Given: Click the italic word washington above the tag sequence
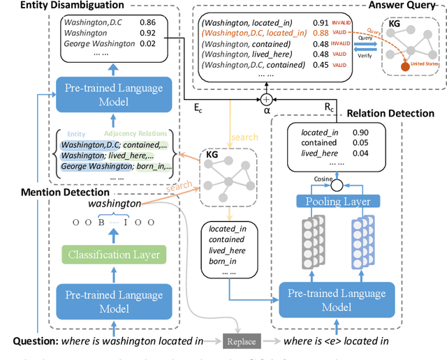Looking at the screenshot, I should pos(114,204).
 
